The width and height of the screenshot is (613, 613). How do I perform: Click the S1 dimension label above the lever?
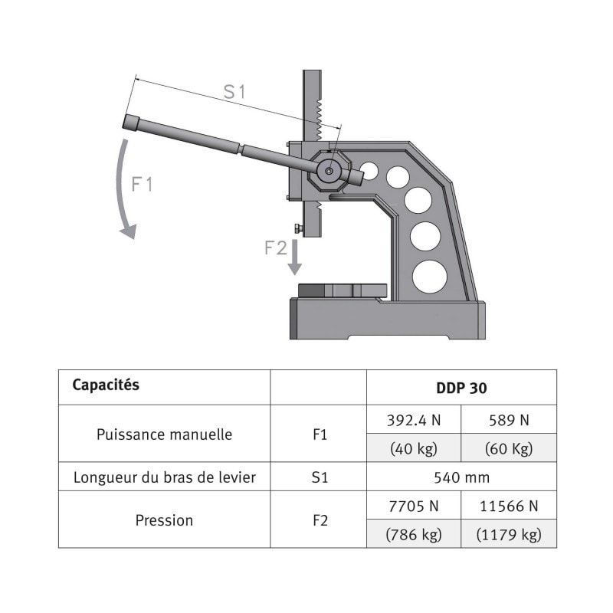234,91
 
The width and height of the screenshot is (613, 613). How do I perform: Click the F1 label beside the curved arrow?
143,185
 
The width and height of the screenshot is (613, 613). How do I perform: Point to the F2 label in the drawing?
276,247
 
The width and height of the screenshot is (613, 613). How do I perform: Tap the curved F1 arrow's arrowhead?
128,231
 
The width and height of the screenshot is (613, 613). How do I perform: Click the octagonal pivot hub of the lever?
329,170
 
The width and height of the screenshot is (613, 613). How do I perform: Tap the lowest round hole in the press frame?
429,276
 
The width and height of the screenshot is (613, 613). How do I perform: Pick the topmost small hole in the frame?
369,171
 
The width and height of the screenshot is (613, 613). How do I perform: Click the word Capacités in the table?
106,385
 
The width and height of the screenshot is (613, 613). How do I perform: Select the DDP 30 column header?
461,388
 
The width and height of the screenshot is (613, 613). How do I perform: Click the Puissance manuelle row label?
164,434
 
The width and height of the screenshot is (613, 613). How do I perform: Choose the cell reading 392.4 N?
413,420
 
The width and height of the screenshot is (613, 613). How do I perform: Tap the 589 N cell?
508,420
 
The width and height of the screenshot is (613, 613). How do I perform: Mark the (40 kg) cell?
413,449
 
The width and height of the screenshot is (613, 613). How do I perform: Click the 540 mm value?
461,477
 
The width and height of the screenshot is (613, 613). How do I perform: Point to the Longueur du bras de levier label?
164,477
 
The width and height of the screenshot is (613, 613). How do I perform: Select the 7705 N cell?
413,506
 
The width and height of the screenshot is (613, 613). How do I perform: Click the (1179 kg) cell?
508,534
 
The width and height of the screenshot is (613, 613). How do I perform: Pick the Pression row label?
164,520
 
